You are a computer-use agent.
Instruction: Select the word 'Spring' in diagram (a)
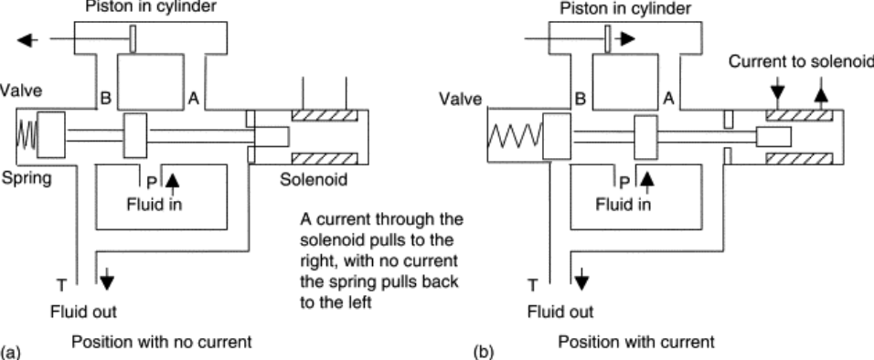[26, 178]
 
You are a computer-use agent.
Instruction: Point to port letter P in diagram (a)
[139, 180]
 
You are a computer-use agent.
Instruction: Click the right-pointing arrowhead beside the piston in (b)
[624, 39]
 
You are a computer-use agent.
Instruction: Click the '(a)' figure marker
[10, 351]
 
